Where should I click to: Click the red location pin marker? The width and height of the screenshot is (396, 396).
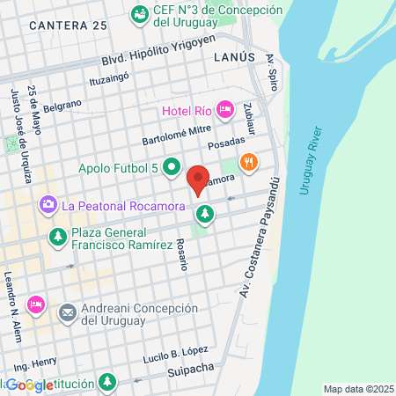click(x=199, y=180)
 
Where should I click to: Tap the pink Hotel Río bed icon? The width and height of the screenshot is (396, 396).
click(x=224, y=110)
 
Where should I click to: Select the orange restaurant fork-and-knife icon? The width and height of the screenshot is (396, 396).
click(x=250, y=162)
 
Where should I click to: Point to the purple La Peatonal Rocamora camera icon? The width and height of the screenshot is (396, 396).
click(x=48, y=205)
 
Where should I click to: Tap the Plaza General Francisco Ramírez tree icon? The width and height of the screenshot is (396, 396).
click(x=58, y=236)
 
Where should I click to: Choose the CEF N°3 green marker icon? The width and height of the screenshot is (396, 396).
click(x=139, y=14)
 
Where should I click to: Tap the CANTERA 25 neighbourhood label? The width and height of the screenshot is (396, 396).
click(x=68, y=26)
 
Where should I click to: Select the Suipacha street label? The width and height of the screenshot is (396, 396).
click(x=190, y=369)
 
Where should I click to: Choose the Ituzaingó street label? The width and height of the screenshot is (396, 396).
click(x=109, y=79)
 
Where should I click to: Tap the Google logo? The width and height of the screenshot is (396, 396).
click(x=27, y=385)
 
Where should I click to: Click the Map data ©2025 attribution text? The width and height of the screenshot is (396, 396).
click(x=358, y=389)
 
